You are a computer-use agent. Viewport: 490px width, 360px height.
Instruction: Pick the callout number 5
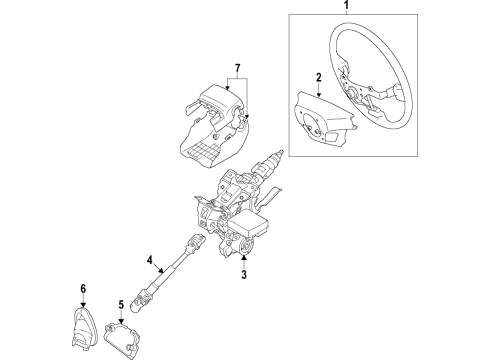point(121,302)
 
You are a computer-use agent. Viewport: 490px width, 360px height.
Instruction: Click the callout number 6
point(83,289)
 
